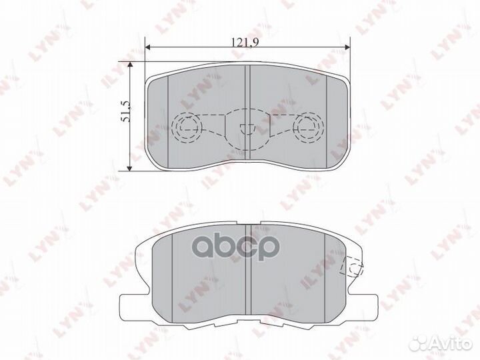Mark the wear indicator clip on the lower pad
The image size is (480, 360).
[x=351, y=268]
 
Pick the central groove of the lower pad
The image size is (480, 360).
[x=247, y=267]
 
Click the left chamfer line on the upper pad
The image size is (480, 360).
[x=169, y=117]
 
